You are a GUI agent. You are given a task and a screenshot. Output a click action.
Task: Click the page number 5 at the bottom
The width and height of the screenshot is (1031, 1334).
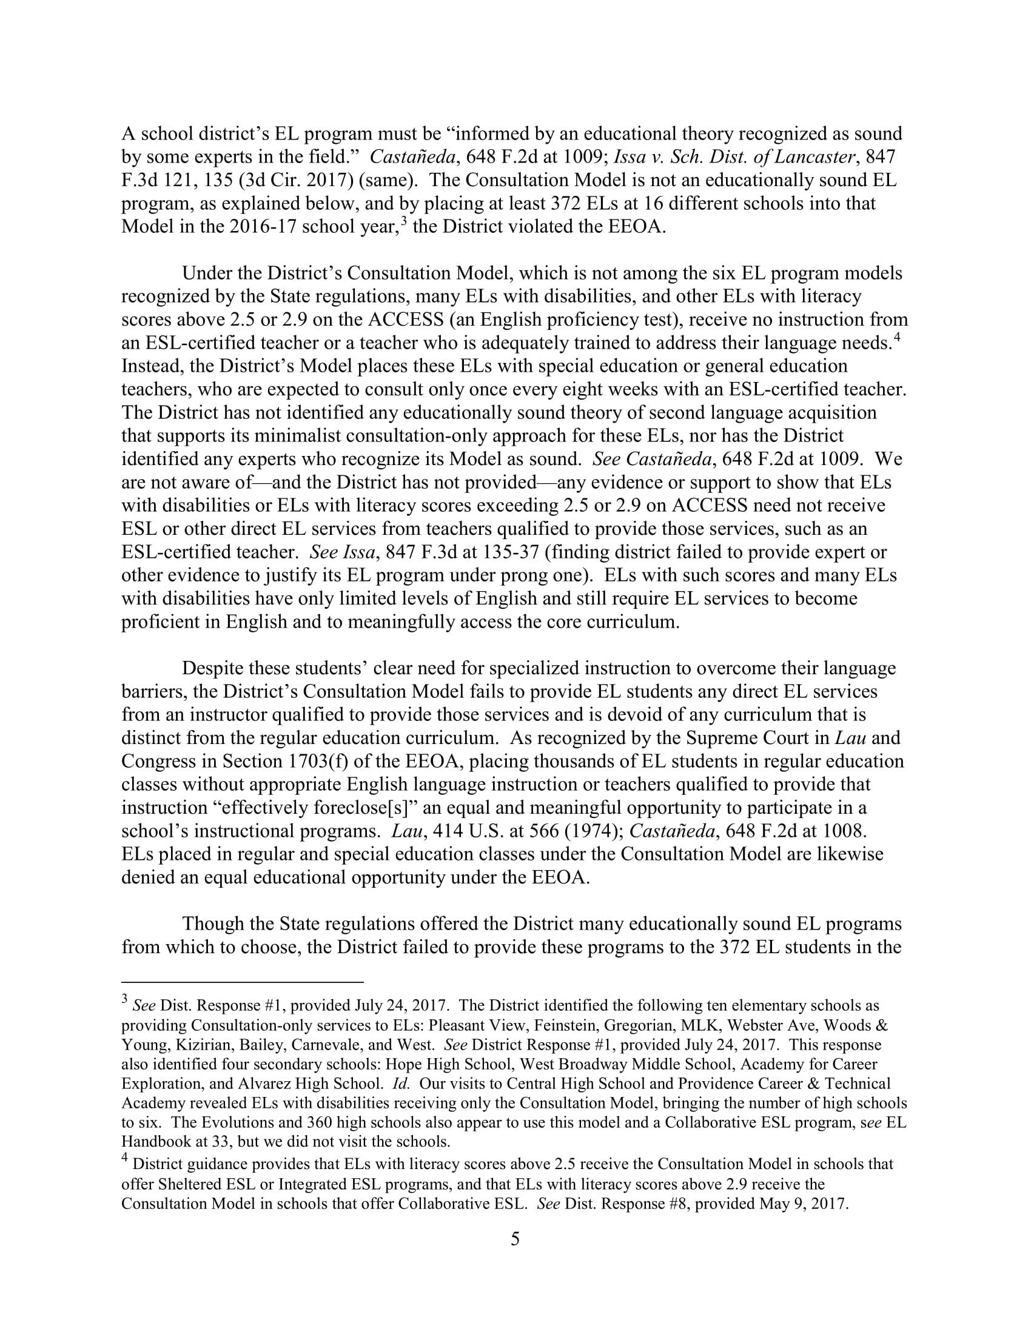pos(515,1239)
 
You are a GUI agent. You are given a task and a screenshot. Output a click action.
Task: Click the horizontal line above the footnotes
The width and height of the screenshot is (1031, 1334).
pos(243,982)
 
